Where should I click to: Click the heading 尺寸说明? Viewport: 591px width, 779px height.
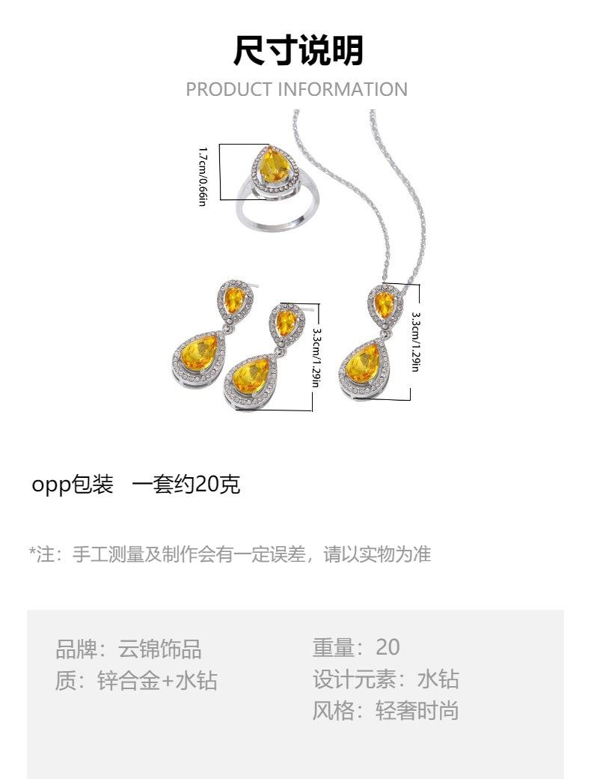[x=297, y=50]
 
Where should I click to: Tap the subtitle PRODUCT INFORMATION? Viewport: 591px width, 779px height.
[x=296, y=89]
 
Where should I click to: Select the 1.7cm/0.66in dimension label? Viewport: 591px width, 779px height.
[x=202, y=177]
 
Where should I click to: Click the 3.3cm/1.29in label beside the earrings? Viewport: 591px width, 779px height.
[x=316, y=357]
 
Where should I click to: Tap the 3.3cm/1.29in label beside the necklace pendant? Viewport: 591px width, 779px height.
[x=416, y=341]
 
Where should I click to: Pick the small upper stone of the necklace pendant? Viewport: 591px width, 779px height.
[x=384, y=303]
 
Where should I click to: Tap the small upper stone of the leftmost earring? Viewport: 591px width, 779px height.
[x=230, y=300]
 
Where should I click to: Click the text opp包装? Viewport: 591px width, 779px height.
[x=73, y=485]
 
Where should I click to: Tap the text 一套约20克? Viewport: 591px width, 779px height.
[x=186, y=485]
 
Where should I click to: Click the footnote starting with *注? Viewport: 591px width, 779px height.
[x=230, y=554]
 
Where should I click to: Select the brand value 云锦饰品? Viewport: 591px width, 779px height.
[x=160, y=648]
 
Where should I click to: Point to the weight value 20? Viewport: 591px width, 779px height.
[x=388, y=647]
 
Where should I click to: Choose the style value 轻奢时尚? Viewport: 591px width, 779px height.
[x=417, y=710]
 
